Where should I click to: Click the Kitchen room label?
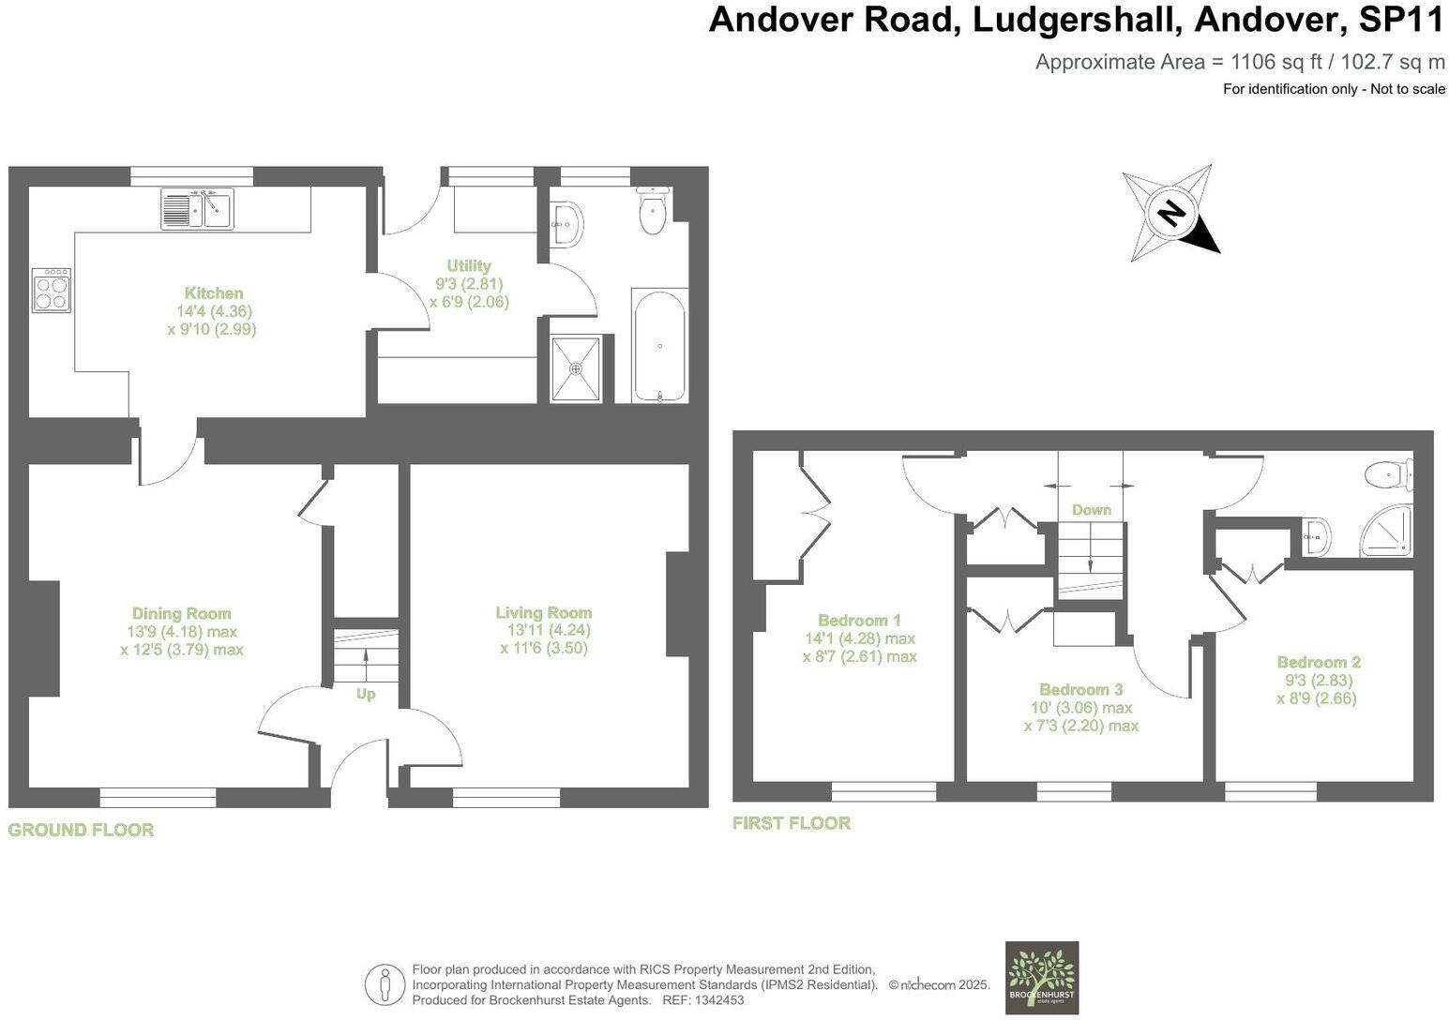[x=213, y=293]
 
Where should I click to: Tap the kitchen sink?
[x=197, y=208]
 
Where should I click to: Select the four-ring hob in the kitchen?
[x=51, y=290]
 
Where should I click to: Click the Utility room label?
[x=469, y=266]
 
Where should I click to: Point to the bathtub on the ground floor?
[x=660, y=345]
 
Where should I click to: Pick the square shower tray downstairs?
[x=575, y=368]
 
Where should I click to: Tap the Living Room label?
[x=544, y=613]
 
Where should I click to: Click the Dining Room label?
[x=181, y=614]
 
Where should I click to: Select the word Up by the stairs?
[x=366, y=694]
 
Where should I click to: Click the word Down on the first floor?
[x=1092, y=510]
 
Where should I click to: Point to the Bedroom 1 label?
[x=859, y=621]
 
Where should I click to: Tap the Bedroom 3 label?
[x=1080, y=690]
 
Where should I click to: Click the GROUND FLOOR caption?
[x=81, y=830]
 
